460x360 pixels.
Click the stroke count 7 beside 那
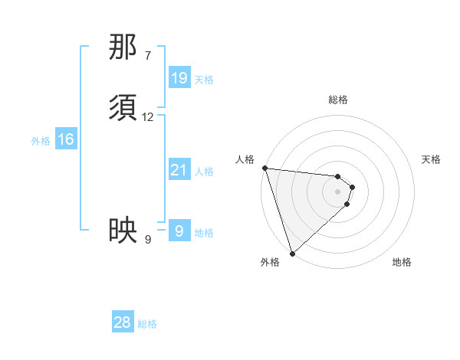(148, 55)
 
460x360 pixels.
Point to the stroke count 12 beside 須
(148, 117)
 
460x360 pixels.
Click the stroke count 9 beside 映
(148, 240)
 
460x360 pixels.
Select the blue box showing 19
(179, 78)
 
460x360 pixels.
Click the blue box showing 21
(179, 170)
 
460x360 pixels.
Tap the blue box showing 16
(66, 139)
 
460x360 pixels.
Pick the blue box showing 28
(123, 322)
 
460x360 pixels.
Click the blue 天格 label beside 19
(203, 80)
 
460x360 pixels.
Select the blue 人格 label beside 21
(203, 172)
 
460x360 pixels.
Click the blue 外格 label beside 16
(41, 141)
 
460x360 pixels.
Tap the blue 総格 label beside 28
(147, 324)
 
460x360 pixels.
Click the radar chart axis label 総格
(338, 100)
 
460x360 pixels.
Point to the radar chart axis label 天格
(431, 159)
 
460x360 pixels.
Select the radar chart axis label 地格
(402, 263)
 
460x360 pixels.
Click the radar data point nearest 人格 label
(264, 168)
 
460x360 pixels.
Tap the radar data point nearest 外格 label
(292, 253)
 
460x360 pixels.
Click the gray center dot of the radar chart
(338, 191)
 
